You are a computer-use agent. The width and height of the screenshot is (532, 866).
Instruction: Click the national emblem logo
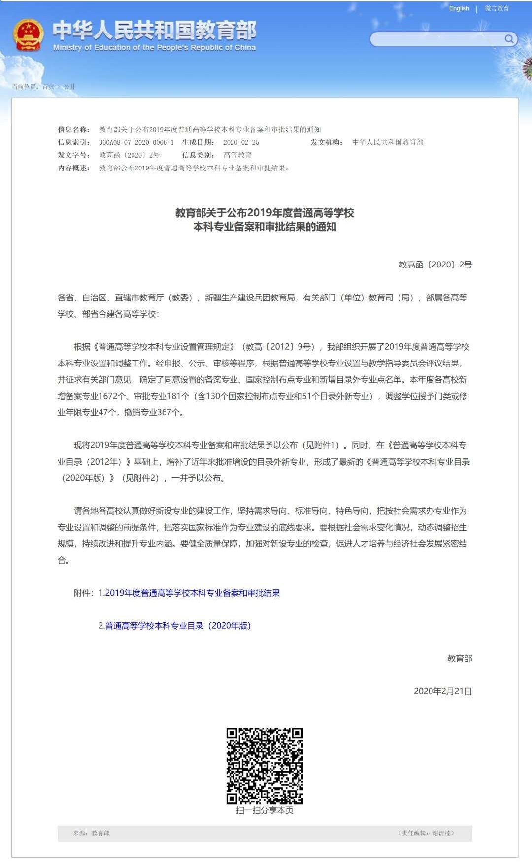(28, 35)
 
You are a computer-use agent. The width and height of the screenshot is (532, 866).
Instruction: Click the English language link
(459, 8)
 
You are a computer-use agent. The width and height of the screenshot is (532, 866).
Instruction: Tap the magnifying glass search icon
(509, 39)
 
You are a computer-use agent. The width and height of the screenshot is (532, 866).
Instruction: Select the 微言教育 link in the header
(497, 8)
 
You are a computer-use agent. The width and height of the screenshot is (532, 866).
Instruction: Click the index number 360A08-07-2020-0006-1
(136, 142)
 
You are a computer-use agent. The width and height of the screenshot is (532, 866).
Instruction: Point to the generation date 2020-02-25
(241, 142)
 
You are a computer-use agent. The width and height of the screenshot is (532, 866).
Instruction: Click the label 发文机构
(326, 142)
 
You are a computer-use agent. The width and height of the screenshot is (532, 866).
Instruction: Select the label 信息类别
(198, 155)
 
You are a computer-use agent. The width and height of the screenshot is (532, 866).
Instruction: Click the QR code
(265, 766)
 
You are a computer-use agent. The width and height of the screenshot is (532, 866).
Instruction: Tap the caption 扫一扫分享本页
(265, 810)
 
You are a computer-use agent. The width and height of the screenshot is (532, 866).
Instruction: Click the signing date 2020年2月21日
(442, 691)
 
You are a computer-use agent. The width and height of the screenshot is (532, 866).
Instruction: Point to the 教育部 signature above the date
(459, 659)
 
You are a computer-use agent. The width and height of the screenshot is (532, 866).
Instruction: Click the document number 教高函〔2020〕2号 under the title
(435, 265)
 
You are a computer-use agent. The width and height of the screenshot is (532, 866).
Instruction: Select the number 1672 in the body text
(108, 396)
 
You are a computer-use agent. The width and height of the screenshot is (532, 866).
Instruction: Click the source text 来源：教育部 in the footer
(92, 833)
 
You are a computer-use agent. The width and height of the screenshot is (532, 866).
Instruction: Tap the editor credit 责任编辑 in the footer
(426, 833)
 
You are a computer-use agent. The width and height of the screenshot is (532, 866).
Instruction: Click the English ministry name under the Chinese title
(154, 48)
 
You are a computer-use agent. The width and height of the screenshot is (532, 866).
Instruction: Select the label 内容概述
(73, 168)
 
